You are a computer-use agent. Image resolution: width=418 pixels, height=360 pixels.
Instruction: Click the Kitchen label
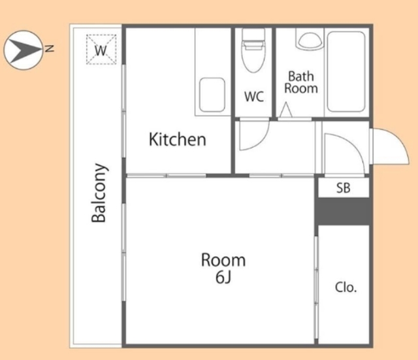point(178,139)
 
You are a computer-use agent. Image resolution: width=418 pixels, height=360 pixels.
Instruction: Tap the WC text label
point(254,96)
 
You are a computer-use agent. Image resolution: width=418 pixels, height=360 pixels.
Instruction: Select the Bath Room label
point(301,82)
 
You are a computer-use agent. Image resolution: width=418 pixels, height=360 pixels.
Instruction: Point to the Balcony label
point(99,193)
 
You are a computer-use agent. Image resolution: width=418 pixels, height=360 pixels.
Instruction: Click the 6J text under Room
point(223,277)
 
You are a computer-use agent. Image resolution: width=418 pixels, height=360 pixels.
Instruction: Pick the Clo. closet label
point(346,287)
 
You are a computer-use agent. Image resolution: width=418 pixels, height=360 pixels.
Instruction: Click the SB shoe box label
point(343,188)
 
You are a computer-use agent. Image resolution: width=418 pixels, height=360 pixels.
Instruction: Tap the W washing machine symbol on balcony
point(101,50)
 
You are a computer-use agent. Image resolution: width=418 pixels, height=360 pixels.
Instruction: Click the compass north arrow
point(24,50)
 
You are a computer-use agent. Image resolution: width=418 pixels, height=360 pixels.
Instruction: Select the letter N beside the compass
point(50,48)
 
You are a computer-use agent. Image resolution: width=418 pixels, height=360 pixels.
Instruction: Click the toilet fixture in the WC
point(253,51)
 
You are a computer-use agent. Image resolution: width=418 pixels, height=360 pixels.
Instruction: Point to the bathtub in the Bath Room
point(346,72)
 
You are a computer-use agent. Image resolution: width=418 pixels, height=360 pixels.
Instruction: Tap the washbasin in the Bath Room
point(310,40)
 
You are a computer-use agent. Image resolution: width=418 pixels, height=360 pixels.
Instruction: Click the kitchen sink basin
point(212,95)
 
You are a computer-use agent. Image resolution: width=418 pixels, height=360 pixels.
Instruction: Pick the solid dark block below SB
point(342,211)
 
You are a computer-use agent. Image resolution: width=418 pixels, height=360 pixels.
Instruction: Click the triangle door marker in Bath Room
point(286,110)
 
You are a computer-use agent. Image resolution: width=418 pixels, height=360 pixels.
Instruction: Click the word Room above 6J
point(223,260)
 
